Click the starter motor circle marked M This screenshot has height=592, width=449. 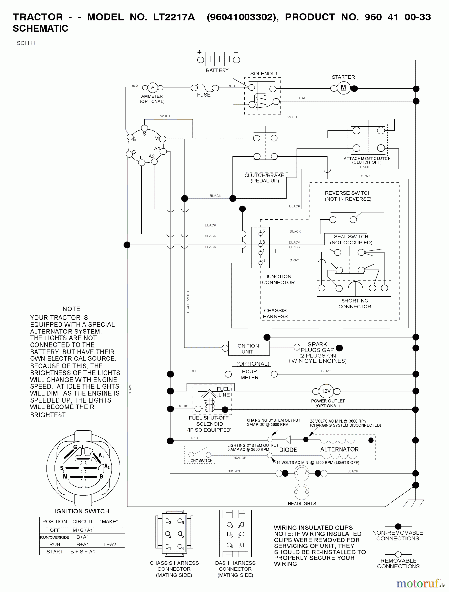[x=343, y=88]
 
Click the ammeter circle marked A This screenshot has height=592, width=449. [x=152, y=87]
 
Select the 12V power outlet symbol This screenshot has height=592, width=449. [x=326, y=391]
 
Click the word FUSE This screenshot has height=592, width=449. [x=203, y=95]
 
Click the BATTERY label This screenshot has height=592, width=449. [x=217, y=70]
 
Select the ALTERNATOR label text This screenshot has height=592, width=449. [x=339, y=449]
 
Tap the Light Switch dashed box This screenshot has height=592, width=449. [x=200, y=454]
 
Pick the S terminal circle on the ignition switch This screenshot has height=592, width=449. [x=144, y=128]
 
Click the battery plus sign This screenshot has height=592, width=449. [x=199, y=52]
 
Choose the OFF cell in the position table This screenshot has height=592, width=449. [x=55, y=530]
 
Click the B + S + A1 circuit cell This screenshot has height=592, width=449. [x=83, y=552]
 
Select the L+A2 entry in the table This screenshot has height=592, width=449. [x=110, y=544]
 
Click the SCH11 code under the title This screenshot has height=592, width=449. [x=26, y=43]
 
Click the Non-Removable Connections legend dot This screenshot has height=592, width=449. [x=398, y=526]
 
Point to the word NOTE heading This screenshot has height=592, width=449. [x=71, y=309]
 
